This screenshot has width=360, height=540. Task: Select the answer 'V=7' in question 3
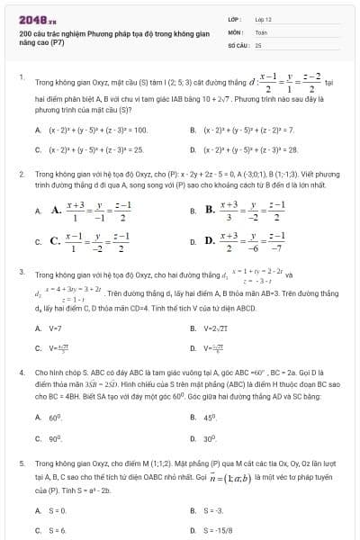point(55,328)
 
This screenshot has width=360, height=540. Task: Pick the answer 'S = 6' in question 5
point(58,530)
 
